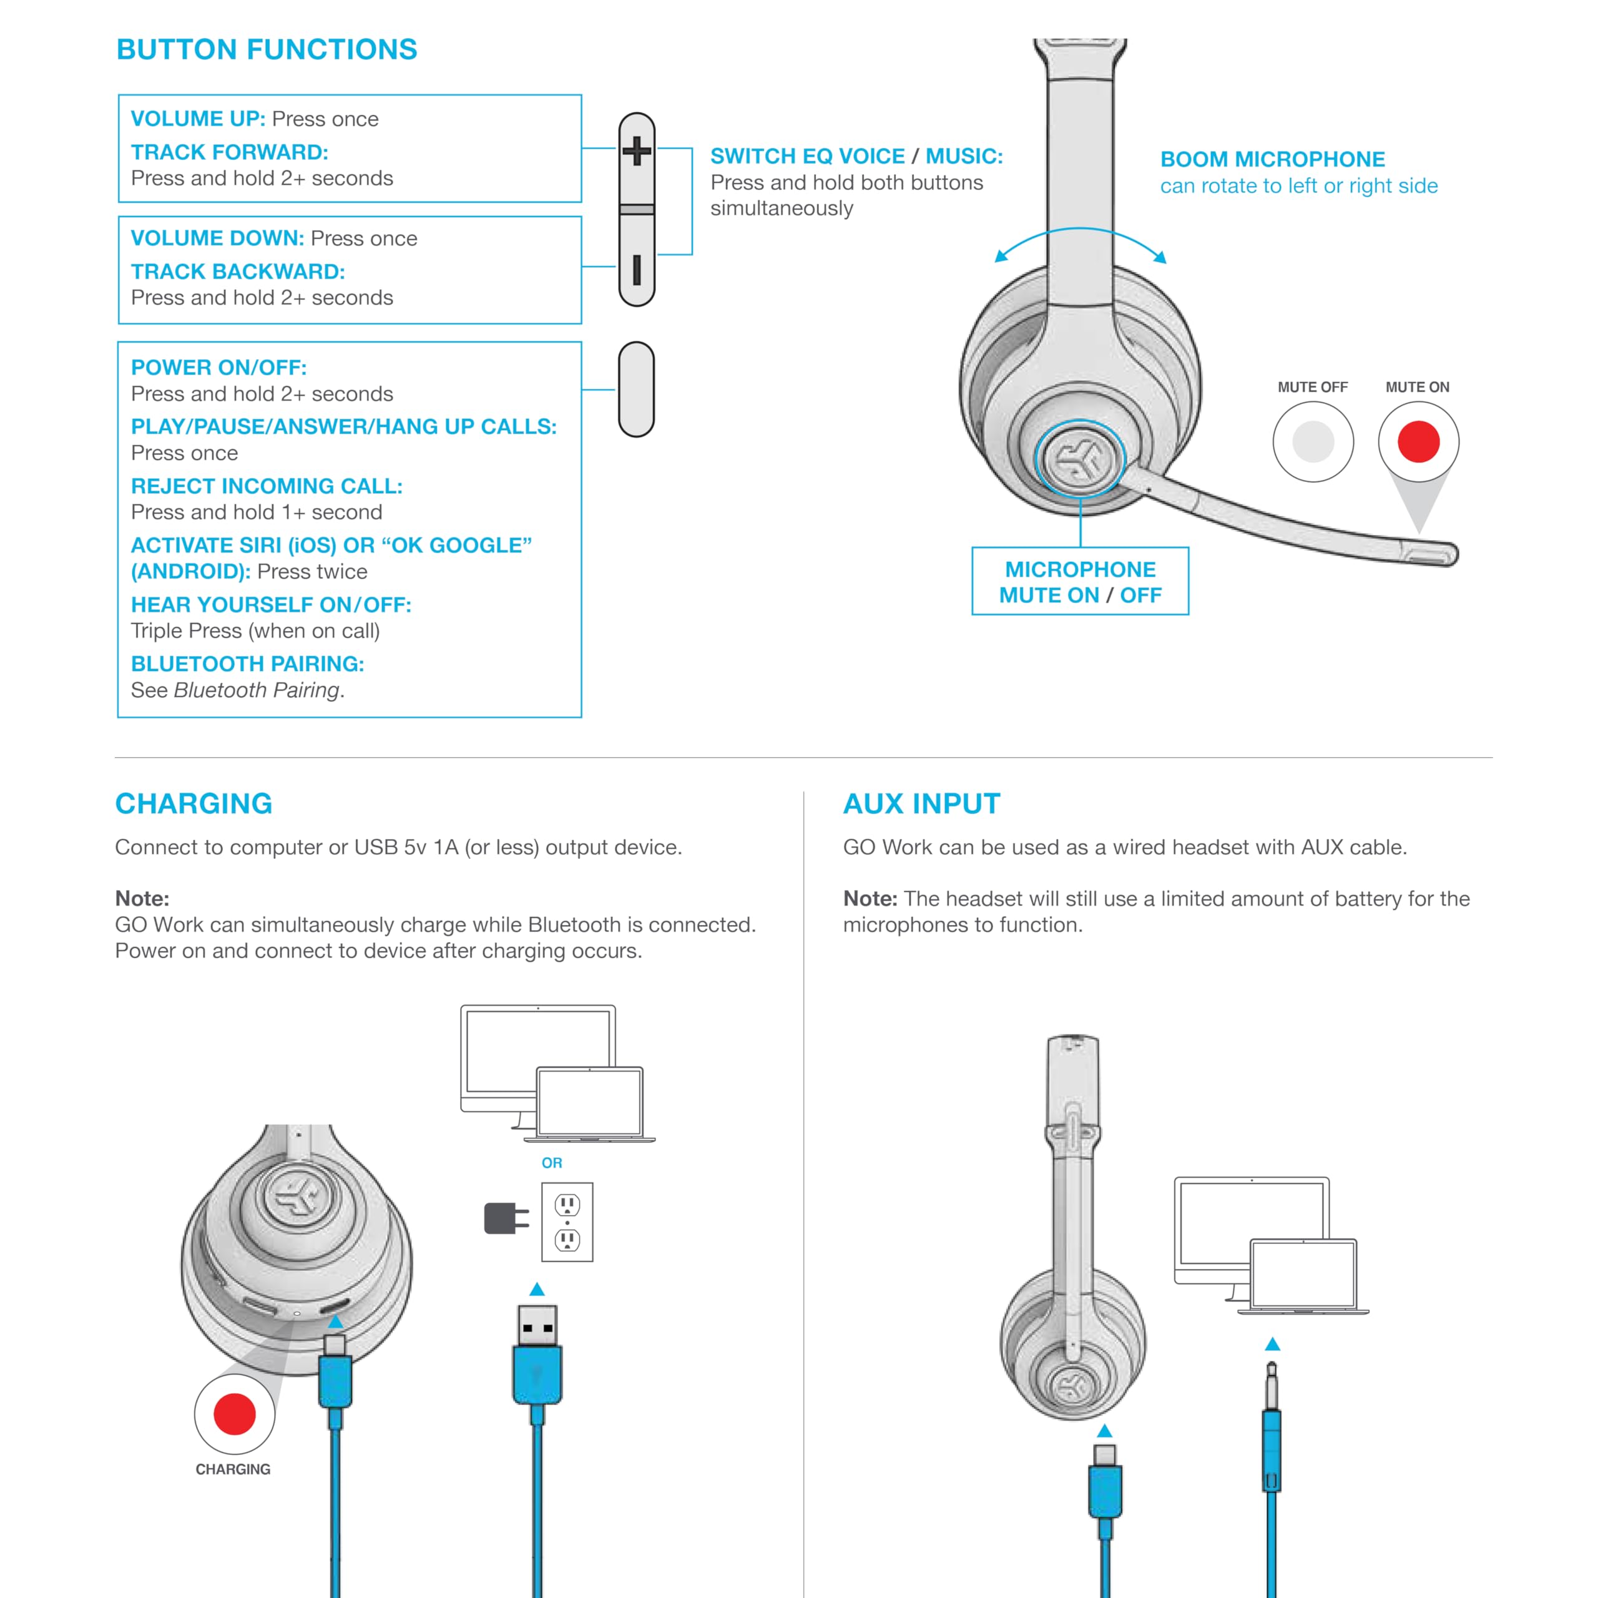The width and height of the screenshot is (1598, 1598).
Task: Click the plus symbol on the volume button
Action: pos(636,151)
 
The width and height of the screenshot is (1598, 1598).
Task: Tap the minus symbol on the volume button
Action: pos(636,270)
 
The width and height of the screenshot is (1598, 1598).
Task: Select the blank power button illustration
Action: pos(636,389)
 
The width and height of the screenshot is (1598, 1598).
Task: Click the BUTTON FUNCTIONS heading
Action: pos(267,50)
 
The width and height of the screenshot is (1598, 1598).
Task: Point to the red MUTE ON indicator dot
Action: pos(1418,442)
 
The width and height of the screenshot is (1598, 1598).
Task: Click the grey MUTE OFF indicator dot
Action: pos(1313,442)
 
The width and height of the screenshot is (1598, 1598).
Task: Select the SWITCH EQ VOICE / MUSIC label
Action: pos(856,156)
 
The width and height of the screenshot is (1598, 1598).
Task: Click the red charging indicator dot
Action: pos(235,1414)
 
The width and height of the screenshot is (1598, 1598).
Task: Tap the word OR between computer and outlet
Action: pos(552,1163)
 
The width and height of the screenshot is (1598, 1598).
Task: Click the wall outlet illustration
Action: pos(567,1222)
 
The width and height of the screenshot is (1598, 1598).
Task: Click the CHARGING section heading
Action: pos(194,803)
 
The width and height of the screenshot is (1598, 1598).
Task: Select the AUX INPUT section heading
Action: pos(921,803)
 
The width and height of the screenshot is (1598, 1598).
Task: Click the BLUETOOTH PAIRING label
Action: pos(247,664)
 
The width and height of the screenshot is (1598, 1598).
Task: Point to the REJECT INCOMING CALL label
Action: pos(267,486)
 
